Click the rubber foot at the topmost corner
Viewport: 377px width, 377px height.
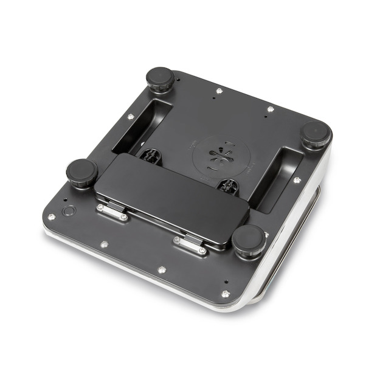click(160, 79)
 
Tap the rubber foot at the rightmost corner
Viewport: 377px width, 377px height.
click(316, 134)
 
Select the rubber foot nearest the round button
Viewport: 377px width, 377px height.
click(81, 173)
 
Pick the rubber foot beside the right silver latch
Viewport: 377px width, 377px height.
click(249, 241)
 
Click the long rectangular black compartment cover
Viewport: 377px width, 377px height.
click(173, 195)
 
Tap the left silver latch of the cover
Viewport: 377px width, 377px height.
click(112, 212)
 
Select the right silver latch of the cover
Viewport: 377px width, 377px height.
click(190, 244)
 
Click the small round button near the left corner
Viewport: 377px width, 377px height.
click(69, 211)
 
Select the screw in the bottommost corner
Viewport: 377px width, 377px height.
click(225, 294)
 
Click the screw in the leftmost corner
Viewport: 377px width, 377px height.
click(52, 216)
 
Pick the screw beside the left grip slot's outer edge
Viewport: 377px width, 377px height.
click(130, 117)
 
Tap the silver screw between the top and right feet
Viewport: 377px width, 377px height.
click(271, 109)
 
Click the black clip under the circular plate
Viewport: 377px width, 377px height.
click(227, 185)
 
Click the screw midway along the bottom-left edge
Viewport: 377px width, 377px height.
click(104, 244)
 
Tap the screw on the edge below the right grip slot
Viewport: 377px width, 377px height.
click(297, 180)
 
